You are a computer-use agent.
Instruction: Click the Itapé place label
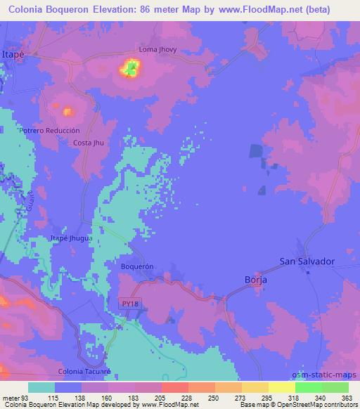point(13,54)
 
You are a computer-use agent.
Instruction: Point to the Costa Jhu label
point(89,143)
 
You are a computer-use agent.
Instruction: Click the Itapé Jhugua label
point(72,239)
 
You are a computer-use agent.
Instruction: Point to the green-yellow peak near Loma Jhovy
point(131,68)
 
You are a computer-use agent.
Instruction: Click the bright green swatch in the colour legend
point(308,387)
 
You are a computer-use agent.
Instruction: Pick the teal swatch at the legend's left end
point(41,387)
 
